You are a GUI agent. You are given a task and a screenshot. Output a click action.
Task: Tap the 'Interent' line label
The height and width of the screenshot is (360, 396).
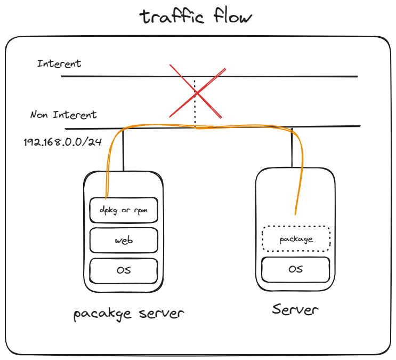[59, 63]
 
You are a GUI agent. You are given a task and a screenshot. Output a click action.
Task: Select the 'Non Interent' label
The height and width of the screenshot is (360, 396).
[63, 115]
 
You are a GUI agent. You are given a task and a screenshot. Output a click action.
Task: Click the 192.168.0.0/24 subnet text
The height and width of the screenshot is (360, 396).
[62, 142]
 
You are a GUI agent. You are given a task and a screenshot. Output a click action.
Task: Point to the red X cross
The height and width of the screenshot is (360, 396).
[197, 92]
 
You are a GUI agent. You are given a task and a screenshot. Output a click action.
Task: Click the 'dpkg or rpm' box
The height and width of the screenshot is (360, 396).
[124, 210]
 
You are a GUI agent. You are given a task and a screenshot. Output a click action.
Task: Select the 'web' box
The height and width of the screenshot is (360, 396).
[124, 240]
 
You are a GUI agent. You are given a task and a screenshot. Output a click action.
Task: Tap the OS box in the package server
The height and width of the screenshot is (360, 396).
[124, 270]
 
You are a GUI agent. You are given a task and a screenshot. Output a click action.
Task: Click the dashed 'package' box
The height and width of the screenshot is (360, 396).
[296, 239]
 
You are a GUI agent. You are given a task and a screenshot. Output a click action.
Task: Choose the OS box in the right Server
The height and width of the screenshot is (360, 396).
[296, 269]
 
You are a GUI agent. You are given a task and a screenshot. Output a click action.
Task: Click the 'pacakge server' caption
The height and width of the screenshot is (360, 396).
[128, 314]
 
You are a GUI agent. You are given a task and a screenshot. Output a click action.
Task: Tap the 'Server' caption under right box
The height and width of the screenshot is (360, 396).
[295, 309]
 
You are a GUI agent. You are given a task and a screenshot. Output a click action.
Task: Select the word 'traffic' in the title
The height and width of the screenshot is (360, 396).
[172, 17]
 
